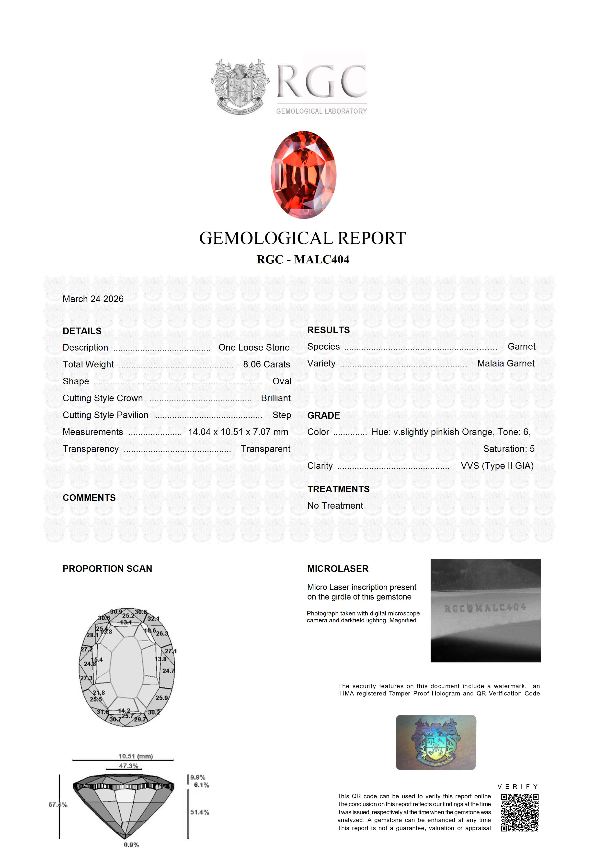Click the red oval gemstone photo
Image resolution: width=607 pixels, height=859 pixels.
pyautogui.click(x=303, y=175)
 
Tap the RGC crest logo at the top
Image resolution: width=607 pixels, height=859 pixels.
pyautogui.click(x=240, y=87)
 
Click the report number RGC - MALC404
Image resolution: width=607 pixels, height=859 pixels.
pyautogui.click(x=303, y=260)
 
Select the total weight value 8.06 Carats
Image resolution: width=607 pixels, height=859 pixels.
pyautogui.click(x=266, y=365)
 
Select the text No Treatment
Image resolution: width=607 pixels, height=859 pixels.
pyautogui.click(x=335, y=506)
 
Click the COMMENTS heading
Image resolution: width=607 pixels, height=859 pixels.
pyautogui.click(x=89, y=498)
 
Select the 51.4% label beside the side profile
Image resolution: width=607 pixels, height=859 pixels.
pyautogui.click(x=200, y=812)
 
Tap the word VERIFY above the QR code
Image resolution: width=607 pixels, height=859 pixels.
pyautogui.click(x=518, y=787)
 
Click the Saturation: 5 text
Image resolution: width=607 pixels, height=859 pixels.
pyautogui.click(x=509, y=449)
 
